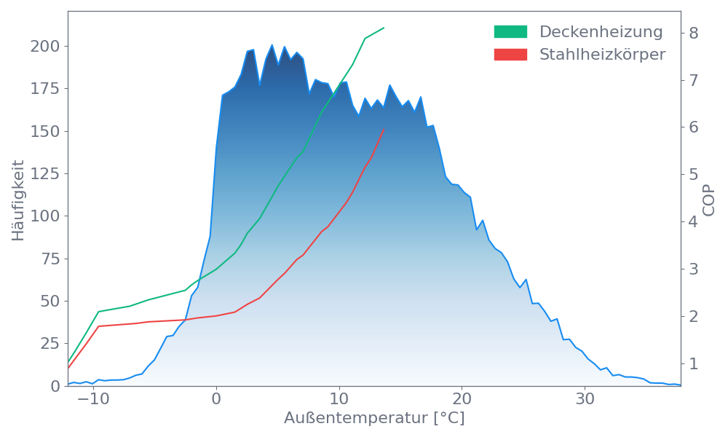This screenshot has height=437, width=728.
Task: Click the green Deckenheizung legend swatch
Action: pyautogui.click(x=510, y=32)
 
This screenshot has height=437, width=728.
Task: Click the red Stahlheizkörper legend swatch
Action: pyautogui.click(x=510, y=55)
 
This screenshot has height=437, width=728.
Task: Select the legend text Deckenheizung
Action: pyautogui.click(x=601, y=32)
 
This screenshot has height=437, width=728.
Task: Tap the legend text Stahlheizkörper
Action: pyautogui.click(x=602, y=55)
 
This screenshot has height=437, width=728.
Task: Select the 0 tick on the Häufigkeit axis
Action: pyautogui.click(x=57, y=385)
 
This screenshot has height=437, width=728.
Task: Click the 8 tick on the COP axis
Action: pyautogui.click(x=693, y=33)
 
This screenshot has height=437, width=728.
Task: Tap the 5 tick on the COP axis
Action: pyautogui.click(x=693, y=174)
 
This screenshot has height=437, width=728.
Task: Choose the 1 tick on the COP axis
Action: pyautogui.click(x=693, y=363)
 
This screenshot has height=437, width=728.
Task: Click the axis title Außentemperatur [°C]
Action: pyautogui.click(x=374, y=419)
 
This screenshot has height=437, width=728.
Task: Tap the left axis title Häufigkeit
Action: pyautogui.click(x=18, y=200)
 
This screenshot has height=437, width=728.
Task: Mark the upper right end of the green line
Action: pyautogui.click(x=384, y=28)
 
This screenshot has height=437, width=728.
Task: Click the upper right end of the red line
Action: pyautogui.click(x=384, y=130)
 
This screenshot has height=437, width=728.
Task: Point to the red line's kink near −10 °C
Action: pyautogui.click(x=98, y=326)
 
